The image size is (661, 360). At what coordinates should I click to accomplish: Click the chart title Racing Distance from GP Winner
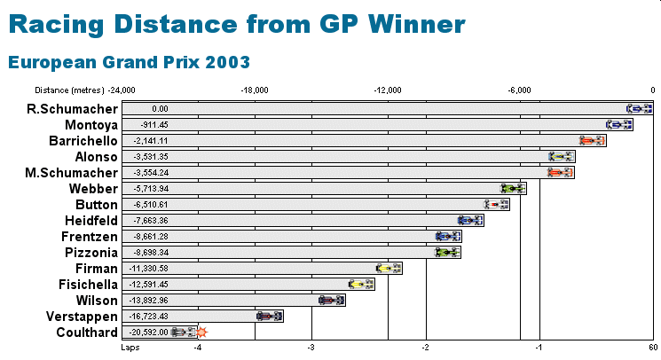[237, 24]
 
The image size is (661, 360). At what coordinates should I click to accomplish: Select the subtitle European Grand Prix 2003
[129, 62]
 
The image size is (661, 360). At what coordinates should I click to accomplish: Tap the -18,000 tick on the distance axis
[255, 90]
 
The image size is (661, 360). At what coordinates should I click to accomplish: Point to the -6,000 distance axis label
[519, 90]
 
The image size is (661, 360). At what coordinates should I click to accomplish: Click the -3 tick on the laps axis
[311, 348]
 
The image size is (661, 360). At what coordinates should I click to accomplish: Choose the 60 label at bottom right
[653, 348]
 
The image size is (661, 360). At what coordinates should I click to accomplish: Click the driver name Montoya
[91, 125]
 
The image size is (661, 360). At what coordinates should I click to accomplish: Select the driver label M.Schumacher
[72, 173]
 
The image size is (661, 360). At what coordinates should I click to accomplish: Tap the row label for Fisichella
[89, 285]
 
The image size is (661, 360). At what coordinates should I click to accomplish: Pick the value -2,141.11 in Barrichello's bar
[151, 141]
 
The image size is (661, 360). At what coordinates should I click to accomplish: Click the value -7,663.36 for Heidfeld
[151, 221]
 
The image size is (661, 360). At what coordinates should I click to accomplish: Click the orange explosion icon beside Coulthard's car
[202, 333]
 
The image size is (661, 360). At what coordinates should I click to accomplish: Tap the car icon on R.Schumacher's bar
[639, 109]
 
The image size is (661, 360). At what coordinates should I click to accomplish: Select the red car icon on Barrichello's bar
[592, 141]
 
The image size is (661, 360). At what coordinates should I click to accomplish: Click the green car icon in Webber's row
[513, 189]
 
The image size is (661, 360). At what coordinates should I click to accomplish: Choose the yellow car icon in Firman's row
[389, 268]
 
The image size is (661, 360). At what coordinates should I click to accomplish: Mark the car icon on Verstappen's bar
[270, 317]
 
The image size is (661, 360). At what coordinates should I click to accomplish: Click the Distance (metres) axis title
[69, 90]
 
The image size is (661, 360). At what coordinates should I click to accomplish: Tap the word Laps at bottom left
[130, 348]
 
